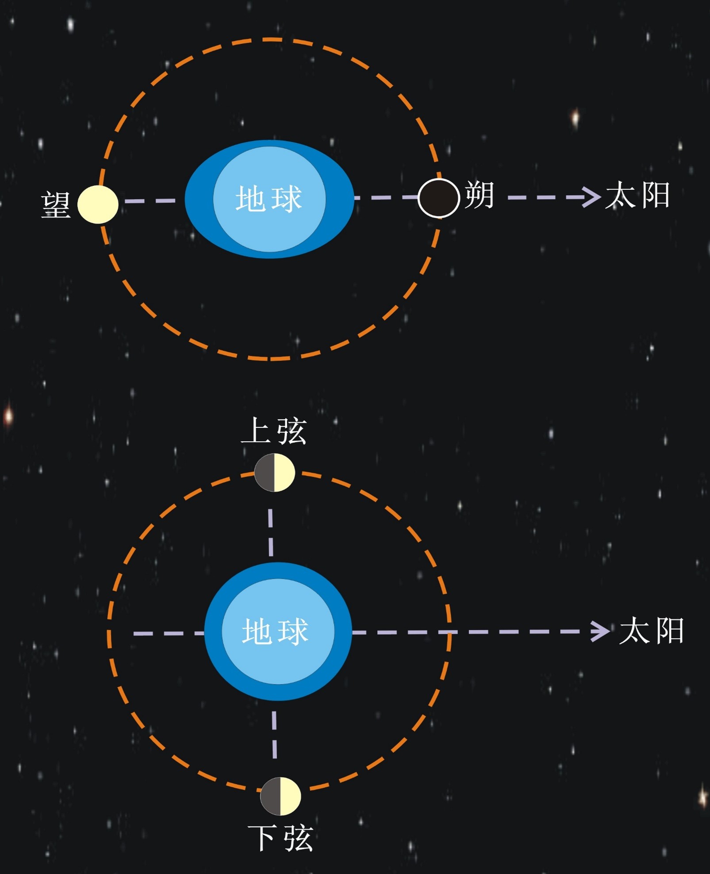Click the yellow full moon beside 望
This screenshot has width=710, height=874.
[98, 204]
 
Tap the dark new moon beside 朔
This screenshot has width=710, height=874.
[438, 198]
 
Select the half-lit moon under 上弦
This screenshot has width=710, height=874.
[274, 472]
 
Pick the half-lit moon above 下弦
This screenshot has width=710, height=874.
[280, 796]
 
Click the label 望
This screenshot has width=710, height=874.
[56, 205]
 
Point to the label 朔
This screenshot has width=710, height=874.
[480, 195]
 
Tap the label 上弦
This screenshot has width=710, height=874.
[274, 431]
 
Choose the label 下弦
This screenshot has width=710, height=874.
[280, 838]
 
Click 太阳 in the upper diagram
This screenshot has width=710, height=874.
[637, 195]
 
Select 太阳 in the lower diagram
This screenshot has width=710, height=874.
[652, 631]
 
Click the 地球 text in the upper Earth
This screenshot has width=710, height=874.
[269, 199]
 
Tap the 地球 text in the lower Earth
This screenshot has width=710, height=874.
[275, 631]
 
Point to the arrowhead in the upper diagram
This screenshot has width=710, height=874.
[591, 197]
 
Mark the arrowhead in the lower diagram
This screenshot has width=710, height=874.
[601, 631]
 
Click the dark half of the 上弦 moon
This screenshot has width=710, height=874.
[265, 472]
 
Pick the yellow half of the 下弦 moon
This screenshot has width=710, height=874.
[290, 796]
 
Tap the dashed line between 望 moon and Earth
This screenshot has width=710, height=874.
[150, 201]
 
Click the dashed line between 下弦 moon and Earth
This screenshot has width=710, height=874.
[275, 734]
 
